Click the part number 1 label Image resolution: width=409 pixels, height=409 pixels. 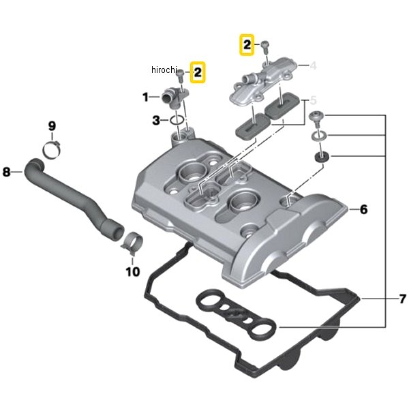[x=146, y=97]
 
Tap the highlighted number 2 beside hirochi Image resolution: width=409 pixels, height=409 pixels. [x=198, y=72]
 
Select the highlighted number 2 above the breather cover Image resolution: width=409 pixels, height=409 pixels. [x=247, y=44]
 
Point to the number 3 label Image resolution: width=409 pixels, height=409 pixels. [x=155, y=120]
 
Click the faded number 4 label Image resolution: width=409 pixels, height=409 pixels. [x=313, y=65]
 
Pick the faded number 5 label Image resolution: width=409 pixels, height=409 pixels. [x=313, y=100]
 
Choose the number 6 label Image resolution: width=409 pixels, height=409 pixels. [x=363, y=209]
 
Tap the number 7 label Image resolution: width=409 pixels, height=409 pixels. [x=403, y=299]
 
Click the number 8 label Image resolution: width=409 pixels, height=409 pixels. [x=7, y=172]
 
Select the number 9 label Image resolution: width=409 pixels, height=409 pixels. [x=52, y=126]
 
